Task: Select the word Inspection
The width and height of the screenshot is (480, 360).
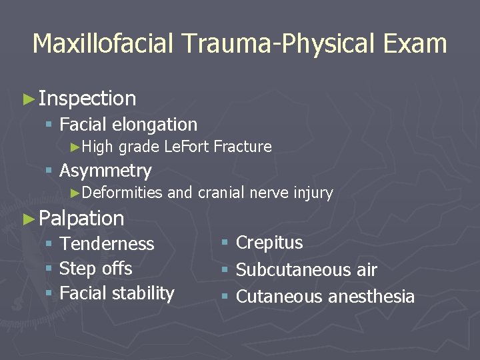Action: point(87,99)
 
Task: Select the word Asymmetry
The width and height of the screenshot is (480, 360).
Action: point(105,171)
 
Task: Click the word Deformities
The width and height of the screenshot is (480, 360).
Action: point(123,193)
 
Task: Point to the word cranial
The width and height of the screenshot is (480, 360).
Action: point(220,193)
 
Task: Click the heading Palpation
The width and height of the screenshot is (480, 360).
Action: point(81,218)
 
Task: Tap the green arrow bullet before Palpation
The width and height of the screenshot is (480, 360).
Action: point(27,219)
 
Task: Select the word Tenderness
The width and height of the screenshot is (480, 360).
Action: point(107,244)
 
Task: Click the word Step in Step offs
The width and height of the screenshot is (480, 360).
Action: point(75,269)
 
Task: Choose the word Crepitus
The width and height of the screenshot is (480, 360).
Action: point(269,243)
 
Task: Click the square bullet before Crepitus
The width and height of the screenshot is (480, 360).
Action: point(225,243)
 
